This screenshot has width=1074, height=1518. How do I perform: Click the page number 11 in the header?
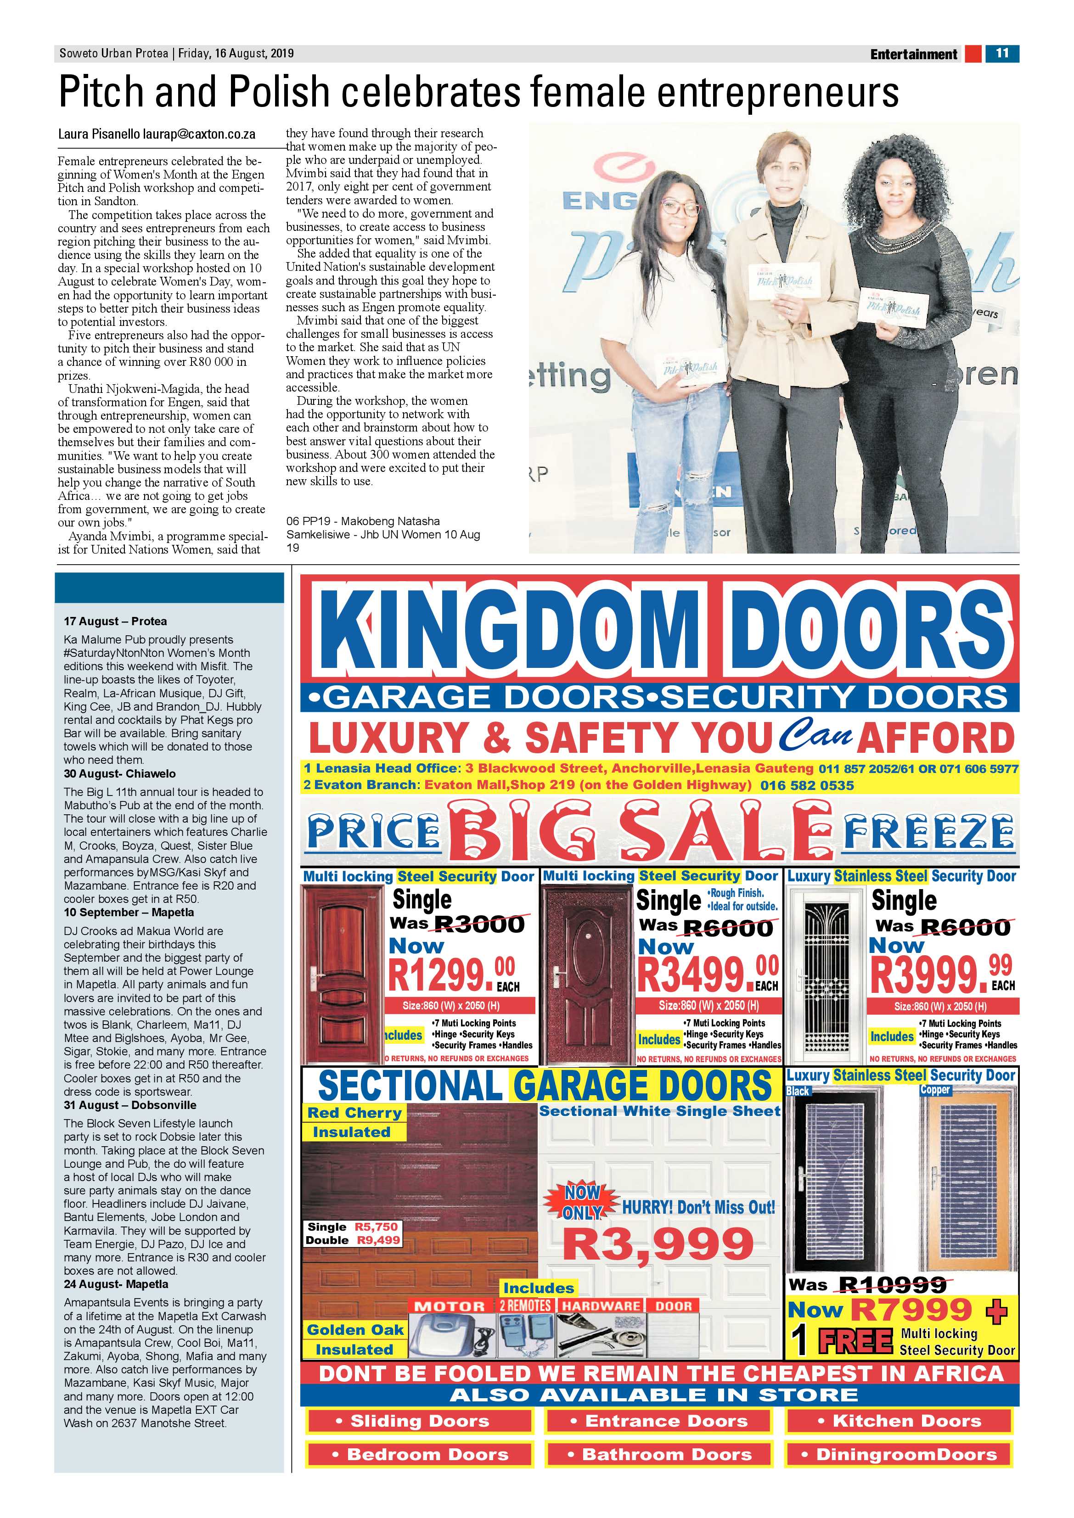coord(1002,53)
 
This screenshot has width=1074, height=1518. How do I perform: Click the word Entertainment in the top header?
coord(913,54)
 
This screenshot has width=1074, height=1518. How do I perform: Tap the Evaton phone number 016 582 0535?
coord(807,785)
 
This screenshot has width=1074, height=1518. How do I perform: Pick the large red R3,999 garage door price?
coord(658,1244)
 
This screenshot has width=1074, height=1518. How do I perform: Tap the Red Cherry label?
coord(354,1113)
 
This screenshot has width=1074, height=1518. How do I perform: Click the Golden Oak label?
coord(354,1330)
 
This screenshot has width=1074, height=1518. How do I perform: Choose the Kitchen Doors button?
coord(899,1421)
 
